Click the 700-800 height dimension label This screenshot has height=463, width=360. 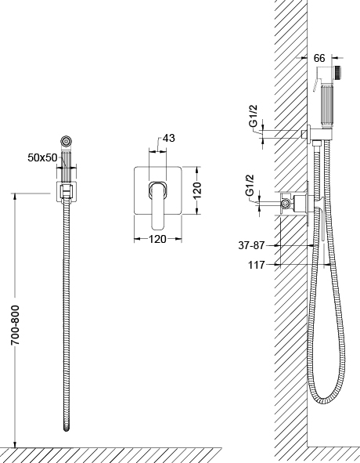[15, 325]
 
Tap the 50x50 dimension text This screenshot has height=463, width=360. [42, 157]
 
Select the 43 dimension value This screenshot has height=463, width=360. [169, 138]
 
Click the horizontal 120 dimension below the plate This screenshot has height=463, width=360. [157, 239]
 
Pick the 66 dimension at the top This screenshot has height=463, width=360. [319, 58]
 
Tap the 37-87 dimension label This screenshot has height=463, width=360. [251, 245]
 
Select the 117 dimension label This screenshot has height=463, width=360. [257, 265]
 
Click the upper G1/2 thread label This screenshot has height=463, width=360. [254, 116]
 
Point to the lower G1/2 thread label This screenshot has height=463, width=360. [250, 185]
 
